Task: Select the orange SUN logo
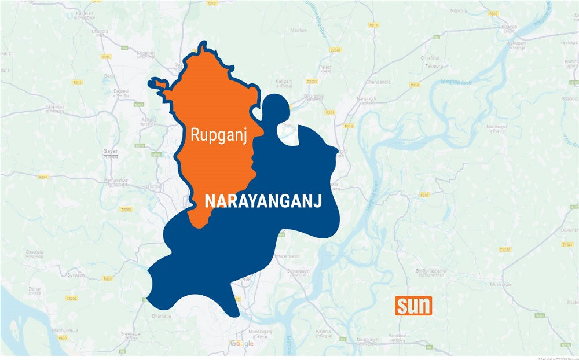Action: click(413, 306)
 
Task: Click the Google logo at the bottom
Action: click(242, 343)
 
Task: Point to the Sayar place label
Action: click(111, 152)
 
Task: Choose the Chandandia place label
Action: click(378, 82)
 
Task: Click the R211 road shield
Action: click(374, 25)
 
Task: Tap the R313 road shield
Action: click(76, 82)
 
